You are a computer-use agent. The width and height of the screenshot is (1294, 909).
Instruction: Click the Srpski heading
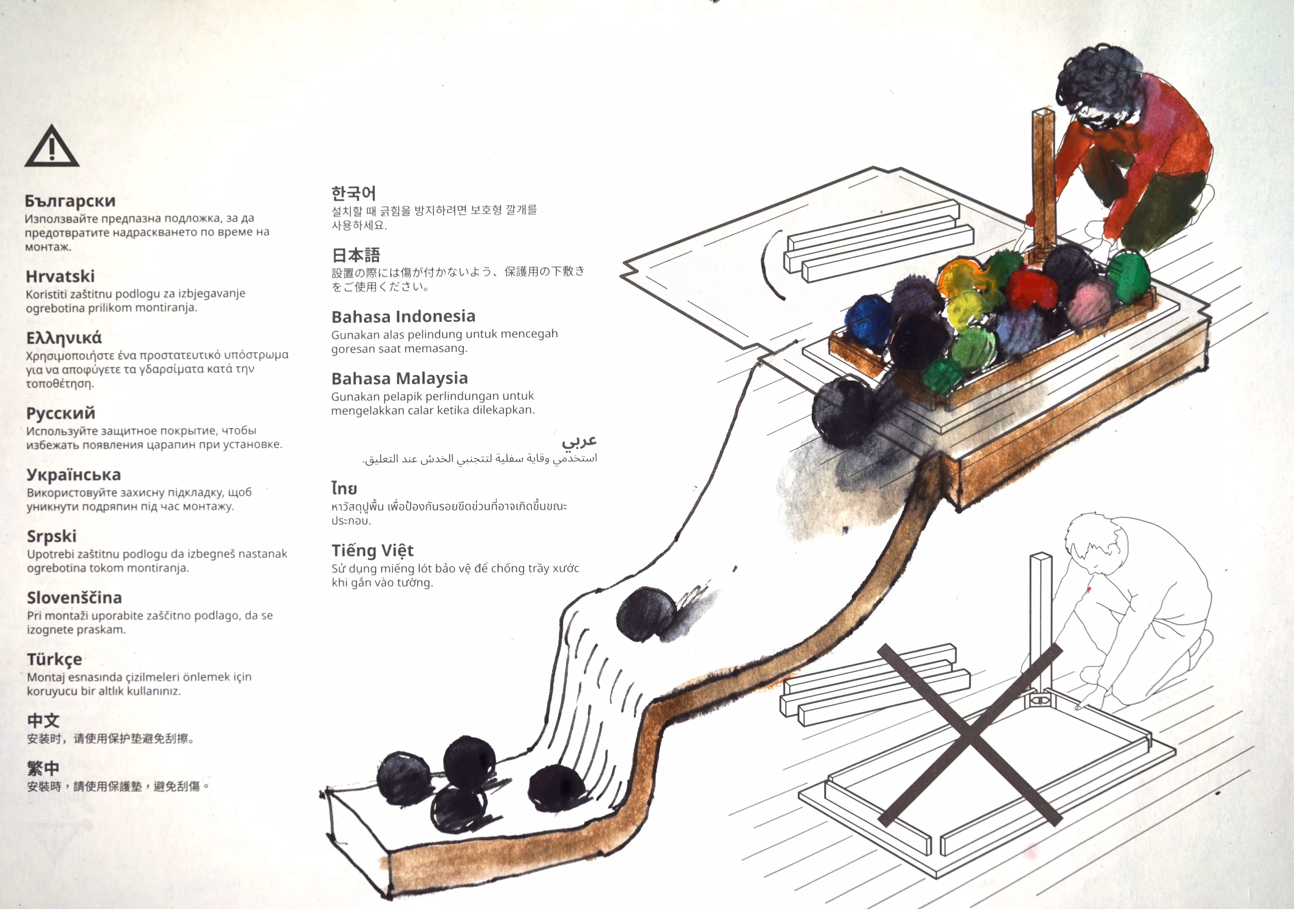(52, 537)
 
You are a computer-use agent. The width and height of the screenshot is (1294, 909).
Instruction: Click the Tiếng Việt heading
(373, 550)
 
